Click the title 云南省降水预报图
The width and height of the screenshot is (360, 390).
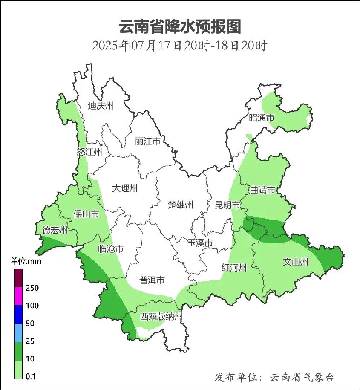(180, 26)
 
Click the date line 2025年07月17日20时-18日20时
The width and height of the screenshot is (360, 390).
(179, 45)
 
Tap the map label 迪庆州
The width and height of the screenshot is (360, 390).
(101, 106)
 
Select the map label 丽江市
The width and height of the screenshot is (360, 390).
(147, 141)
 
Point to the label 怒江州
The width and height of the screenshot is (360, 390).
(89, 152)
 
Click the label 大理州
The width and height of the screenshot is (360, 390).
(125, 188)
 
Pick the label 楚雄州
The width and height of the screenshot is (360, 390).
(180, 205)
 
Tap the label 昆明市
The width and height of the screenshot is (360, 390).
(228, 205)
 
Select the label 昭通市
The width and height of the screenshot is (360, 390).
(262, 118)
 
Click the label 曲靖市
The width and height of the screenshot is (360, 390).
(262, 190)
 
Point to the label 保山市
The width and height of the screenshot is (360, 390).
(86, 214)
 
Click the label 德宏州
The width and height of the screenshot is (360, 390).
(55, 231)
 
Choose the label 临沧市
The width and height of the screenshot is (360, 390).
(111, 249)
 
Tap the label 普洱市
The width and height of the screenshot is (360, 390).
(152, 280)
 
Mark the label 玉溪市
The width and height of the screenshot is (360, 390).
(200, 243)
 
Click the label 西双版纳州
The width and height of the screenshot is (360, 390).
(161, 317)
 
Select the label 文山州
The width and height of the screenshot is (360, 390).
(295, 262)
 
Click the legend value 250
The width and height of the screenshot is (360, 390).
(32, 288)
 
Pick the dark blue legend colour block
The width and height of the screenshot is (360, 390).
(18, 315)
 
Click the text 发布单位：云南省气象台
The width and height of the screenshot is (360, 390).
(274, 377)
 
